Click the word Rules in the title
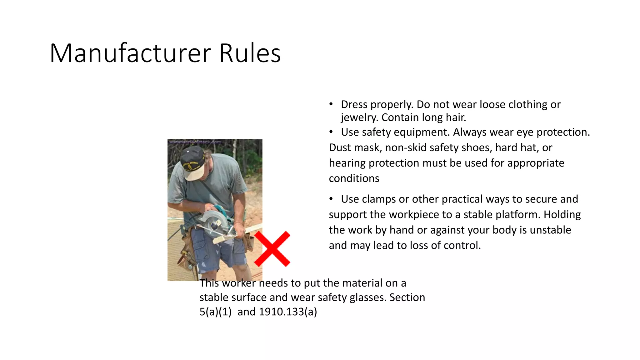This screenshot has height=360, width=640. [x=250, y=53]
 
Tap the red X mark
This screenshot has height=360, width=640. [x=272, y=249]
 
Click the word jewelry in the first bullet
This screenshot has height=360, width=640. [x=359, y=117]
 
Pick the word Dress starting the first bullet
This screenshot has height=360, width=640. [x=354, y=104]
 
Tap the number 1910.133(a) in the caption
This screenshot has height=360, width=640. [x=288, y=312]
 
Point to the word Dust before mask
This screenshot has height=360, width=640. [x=340, y=147]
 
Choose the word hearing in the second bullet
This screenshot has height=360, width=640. [x=347, y=163]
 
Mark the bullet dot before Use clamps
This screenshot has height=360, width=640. [x=331, y=199]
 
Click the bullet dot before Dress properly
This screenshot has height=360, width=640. [x=331, y=104]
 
